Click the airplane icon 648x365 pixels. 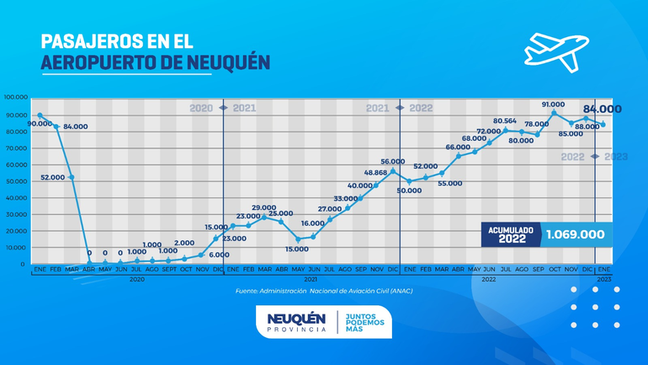pyautogui.click(x=556, y=48)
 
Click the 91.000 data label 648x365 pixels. pyautogui.click(x=553, y=105)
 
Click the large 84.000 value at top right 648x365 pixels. pyautogui.click(x=602, y=109)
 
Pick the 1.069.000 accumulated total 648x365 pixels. pyautogui.click(x=575, y=234)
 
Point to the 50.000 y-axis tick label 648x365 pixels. pyautogui.click(x=16, y=180)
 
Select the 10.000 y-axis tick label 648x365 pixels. pyautogui.click(x=16, y=247)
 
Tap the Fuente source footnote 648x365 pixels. pyautogui.click(x=323, y=292)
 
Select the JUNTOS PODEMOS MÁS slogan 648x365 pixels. pyautogui.click(x=364, y=321)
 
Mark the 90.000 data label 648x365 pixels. pyautogui.click(x=40, y=124)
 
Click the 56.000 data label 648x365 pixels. pyautogui.click(x=392, y=161)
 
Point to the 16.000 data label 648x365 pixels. pyautogui.click(x=312, y=223)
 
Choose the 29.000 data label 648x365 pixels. pyautogui.click(x=263, y=207)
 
